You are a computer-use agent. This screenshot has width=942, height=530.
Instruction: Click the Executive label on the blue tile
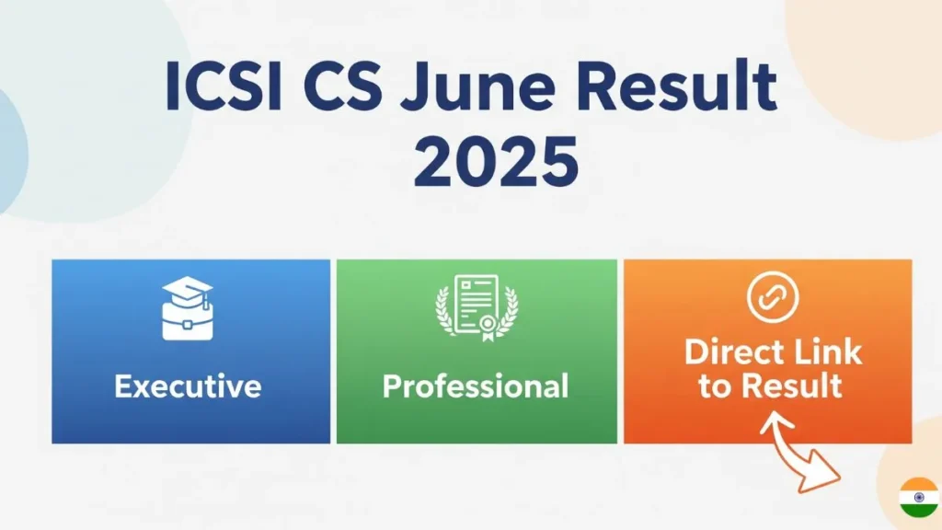click(188, 385)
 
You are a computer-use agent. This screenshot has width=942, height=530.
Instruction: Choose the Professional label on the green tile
click(476, 385)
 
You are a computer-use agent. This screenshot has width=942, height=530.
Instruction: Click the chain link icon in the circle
click(774, 296)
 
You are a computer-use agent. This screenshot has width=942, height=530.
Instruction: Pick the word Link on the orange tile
click(829, 351)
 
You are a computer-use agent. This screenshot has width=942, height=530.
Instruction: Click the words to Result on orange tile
click(770, 386)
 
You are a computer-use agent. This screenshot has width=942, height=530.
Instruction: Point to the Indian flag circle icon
click(918, 497)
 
